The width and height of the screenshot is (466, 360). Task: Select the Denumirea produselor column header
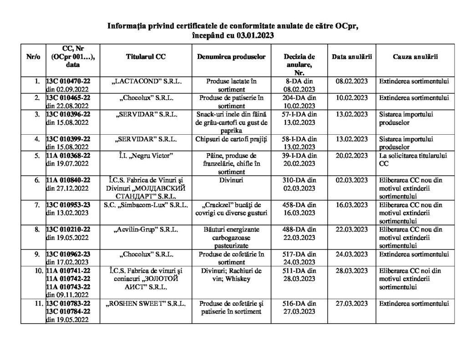point(231,57)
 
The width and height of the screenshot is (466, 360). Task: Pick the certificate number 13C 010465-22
point(68,97)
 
